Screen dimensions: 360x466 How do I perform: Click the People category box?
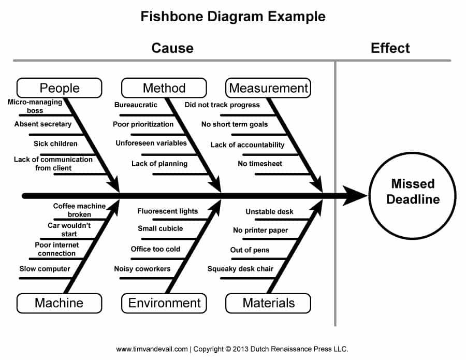(x=59, y=88)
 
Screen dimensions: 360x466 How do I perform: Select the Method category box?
(x=164, y=88)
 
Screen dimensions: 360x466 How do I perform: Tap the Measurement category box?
(x=268, y=88)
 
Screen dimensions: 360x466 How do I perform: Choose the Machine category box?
(x=59, y=303)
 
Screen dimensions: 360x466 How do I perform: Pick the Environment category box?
(x=164, y=303)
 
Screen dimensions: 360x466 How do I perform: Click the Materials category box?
(x=268, y=303)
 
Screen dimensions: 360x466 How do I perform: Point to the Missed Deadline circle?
(x=412, y=191)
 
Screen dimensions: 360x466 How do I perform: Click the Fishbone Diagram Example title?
(x=233, y=17)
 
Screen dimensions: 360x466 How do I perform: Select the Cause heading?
(x=172, y=48)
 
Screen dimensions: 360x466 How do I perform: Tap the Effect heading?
(x=390, y=48)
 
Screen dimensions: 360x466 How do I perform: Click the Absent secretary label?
(x=43, y=124)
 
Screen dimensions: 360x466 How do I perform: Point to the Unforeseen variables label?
(x=151, y=143)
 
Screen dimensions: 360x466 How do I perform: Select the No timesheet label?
(x=260, y=164)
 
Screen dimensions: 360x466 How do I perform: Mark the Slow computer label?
(x=45, y=269)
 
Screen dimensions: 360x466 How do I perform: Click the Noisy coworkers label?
(x=142, y=269)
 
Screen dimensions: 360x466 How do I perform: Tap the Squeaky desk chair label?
(x=240, y=269)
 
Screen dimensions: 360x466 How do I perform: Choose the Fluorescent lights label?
(x=167, y=211)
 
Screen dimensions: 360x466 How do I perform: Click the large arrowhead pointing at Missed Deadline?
(x=356, y=196)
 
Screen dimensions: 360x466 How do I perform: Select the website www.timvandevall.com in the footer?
(x=152, y=349)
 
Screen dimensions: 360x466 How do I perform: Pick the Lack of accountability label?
(x=247, y=145)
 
